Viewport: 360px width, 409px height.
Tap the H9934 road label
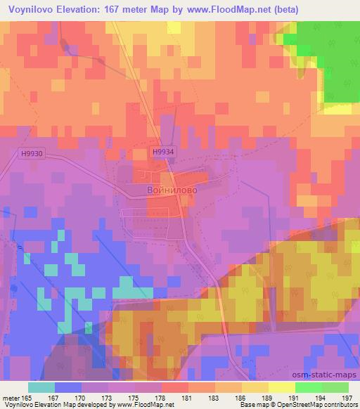point(162,151)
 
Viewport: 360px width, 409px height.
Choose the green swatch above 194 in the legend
point(308,387)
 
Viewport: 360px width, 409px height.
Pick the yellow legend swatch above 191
point(281,387)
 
